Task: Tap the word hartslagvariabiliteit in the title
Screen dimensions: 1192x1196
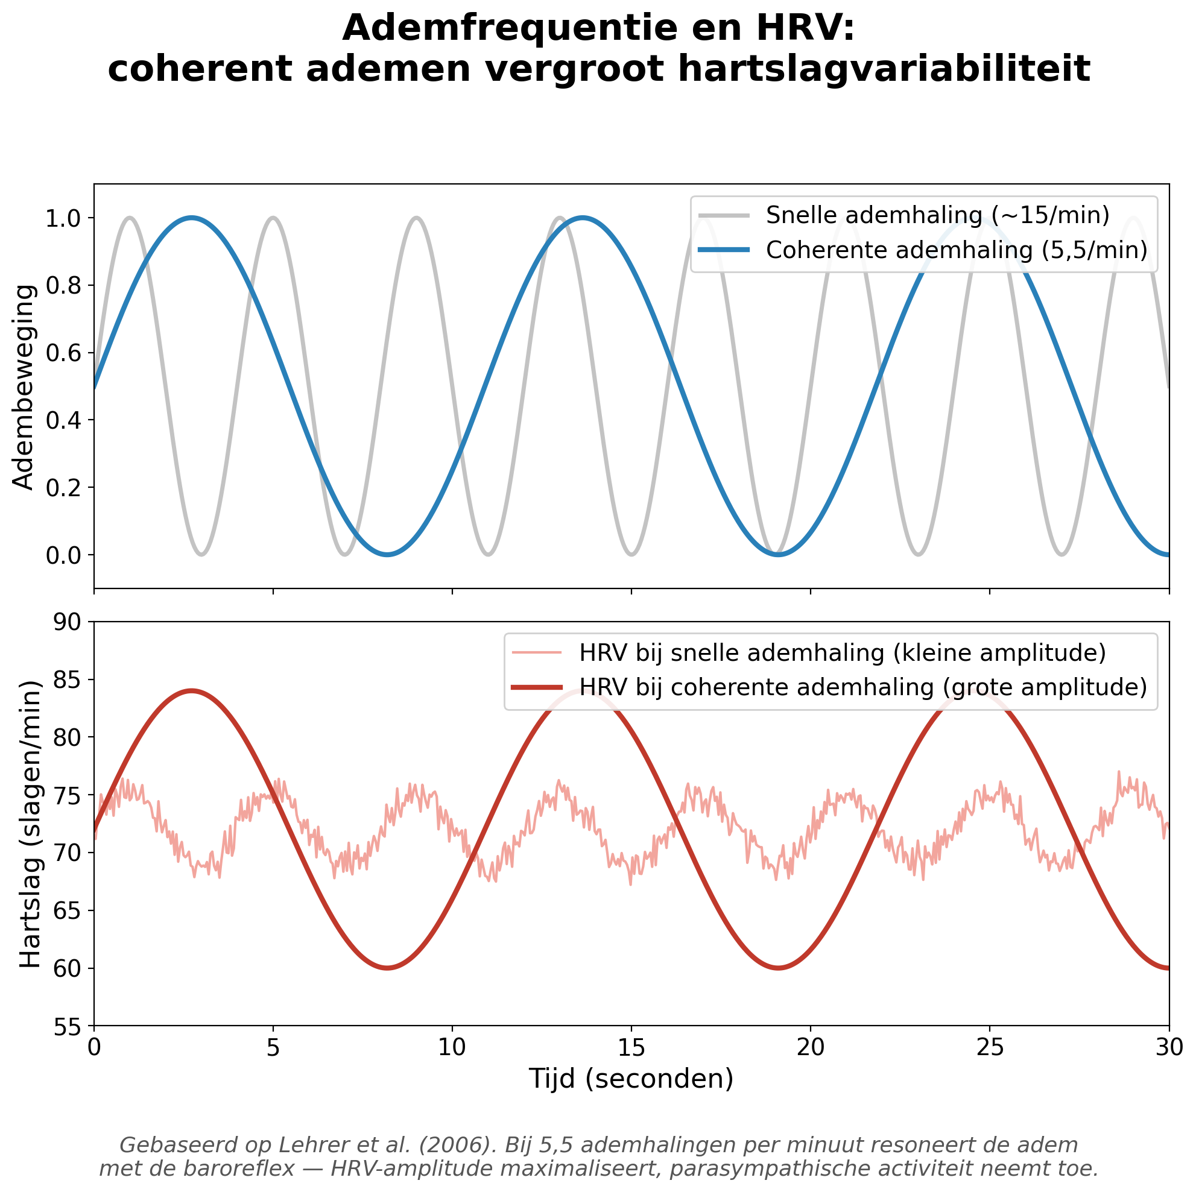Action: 884,69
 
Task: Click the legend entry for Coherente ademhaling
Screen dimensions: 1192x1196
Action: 957,250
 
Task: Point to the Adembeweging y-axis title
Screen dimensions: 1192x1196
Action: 24,386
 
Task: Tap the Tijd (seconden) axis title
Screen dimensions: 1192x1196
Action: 631,1079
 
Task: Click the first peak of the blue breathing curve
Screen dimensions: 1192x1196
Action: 192,217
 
